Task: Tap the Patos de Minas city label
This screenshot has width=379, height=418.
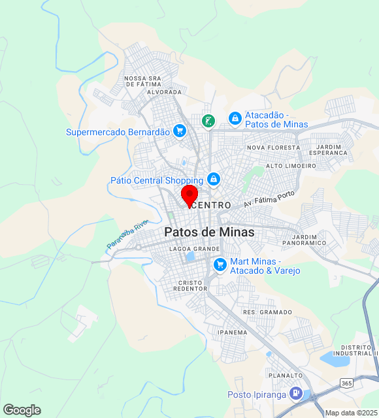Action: (x=209, y=232)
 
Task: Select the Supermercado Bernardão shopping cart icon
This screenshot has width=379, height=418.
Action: (x=180, y=131)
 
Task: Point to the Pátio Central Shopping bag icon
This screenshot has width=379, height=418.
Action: (x=213, y=179)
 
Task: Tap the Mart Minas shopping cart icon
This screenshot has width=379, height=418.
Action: (x=220, y=265)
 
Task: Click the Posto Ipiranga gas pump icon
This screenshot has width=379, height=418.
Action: (x=295, y=394)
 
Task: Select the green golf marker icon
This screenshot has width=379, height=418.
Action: (x=208, y=120)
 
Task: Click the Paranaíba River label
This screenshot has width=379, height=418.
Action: (x=127, y=234)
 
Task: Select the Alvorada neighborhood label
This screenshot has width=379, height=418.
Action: (x=164, y=93)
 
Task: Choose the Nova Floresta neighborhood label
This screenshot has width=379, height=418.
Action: (x=273, y=148)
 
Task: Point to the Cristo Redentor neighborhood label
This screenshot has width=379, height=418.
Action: (x=191, y=285)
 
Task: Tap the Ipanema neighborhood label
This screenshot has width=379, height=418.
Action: (x=232, y=332)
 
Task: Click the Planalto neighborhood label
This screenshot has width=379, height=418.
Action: (x=286, y=376)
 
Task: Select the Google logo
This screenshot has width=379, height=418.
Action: (x=22, y=410)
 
